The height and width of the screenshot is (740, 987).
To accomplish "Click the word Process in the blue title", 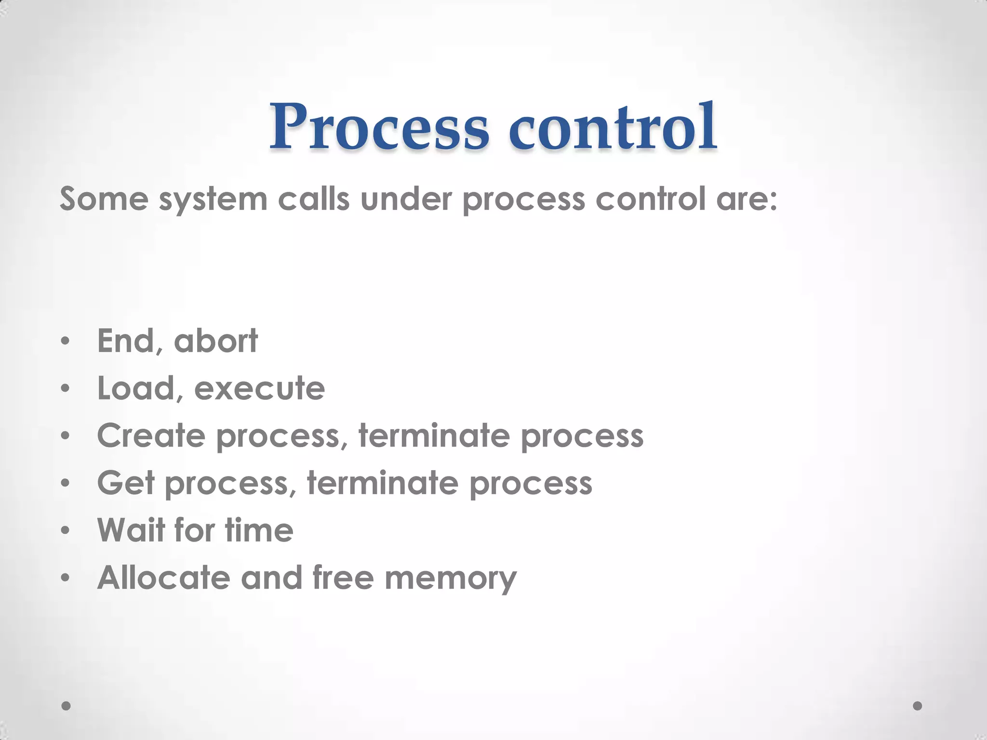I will coord(379,126).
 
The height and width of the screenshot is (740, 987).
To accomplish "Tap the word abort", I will coord(215,341).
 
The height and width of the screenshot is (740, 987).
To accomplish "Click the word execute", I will coord(259,388).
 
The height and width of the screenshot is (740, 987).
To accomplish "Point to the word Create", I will coord(151,436).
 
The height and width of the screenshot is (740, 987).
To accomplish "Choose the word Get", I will coord(125,483).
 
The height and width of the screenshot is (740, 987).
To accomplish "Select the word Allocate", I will coord(163,577).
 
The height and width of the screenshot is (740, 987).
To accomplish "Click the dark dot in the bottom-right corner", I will coord(918,706).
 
